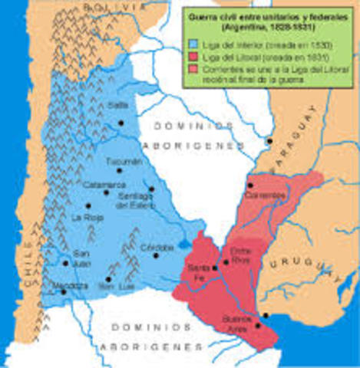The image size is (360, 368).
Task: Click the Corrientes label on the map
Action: click(266, 195)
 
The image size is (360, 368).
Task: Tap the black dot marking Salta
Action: click(120, 123)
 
